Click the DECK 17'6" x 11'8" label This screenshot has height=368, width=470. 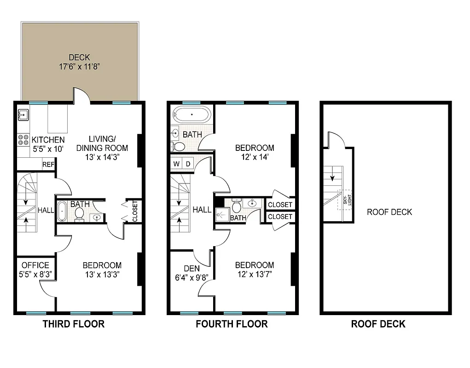click(x=79, y=62)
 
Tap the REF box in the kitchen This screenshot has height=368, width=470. click(x=47, y=165)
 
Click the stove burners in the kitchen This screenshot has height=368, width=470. click(x=22, y=140)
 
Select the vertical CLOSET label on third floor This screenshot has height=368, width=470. click(x=135, y=211)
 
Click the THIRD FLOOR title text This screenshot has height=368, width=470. click(x=74, y=324)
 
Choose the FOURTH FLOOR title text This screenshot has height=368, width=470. click(x=232, y=324)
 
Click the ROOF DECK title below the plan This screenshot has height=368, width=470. click(x=378, y=324)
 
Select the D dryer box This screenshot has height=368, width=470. click(x=188, y=164)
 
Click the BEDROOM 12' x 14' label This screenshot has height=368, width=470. click(x=255, y=152)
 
